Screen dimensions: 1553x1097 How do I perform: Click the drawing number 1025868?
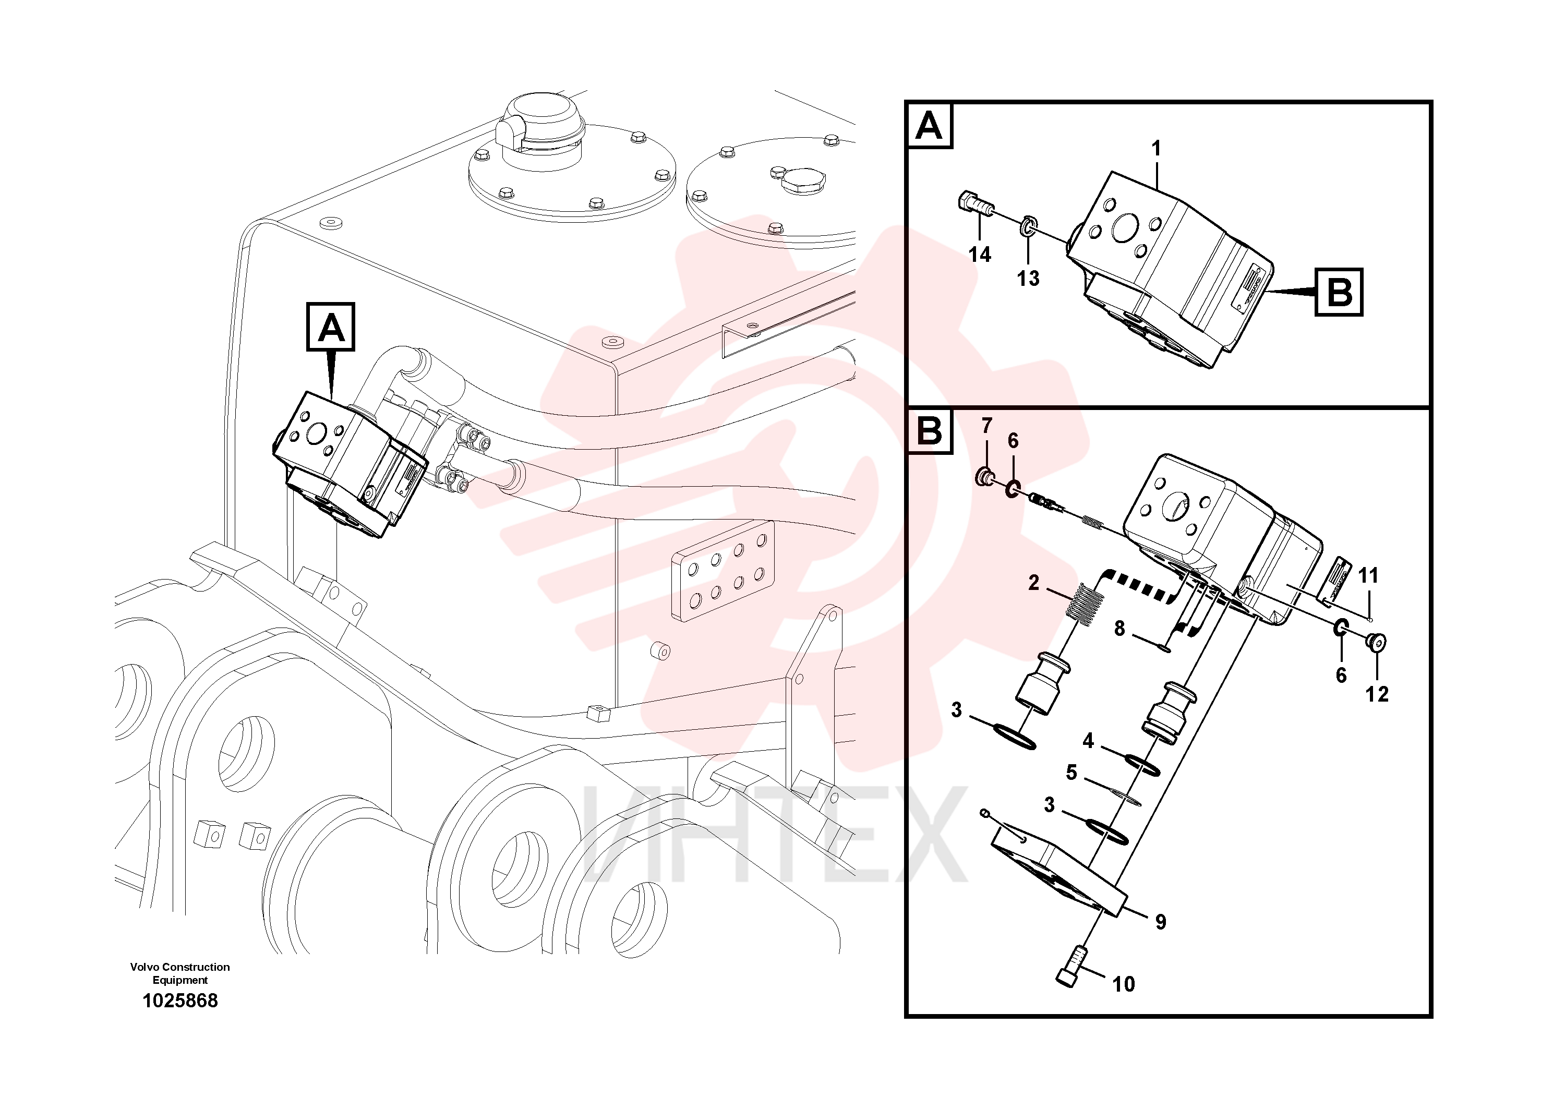coord(180,1001)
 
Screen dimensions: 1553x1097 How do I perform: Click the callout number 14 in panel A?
coord(979,255)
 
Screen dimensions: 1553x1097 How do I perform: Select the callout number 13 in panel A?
coord(1028,278)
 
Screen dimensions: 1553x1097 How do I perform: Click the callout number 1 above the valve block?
coord(1157,148)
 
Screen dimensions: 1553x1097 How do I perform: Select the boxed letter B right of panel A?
coord(1339,292)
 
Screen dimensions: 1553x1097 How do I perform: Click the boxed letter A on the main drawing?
coord(331,328)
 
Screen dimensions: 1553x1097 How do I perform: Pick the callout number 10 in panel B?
coord(1124,984)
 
